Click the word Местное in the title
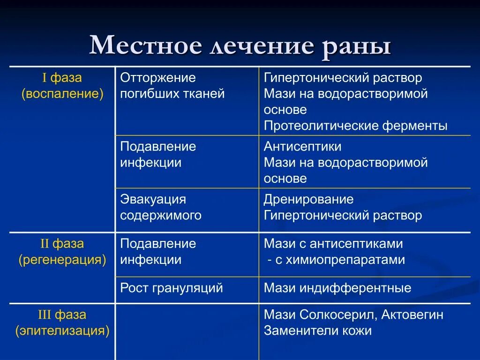146,46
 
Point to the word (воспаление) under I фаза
62,94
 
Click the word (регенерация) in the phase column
62,260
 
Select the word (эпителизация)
62,331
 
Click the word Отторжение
158,78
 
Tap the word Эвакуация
153,199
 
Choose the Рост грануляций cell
172,288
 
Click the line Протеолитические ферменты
355,126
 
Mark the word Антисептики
302,147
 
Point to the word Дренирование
308,199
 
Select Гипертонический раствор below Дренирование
343,216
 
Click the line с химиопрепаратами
336,260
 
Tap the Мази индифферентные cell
337,288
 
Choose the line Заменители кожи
318,331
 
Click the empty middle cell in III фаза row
187,331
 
